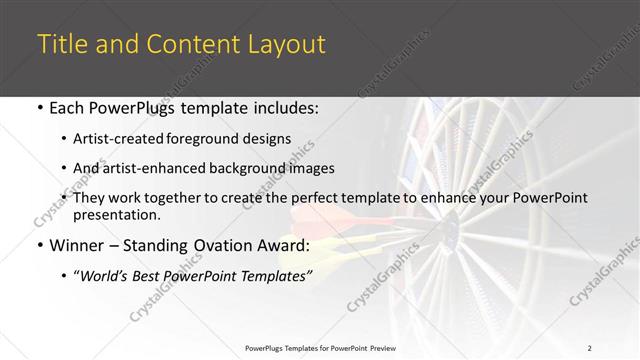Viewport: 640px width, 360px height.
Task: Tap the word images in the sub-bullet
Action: pos(313,169)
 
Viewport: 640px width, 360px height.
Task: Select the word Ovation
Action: pos(209,245)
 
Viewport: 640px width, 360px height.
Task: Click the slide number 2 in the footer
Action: pos(590,347)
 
